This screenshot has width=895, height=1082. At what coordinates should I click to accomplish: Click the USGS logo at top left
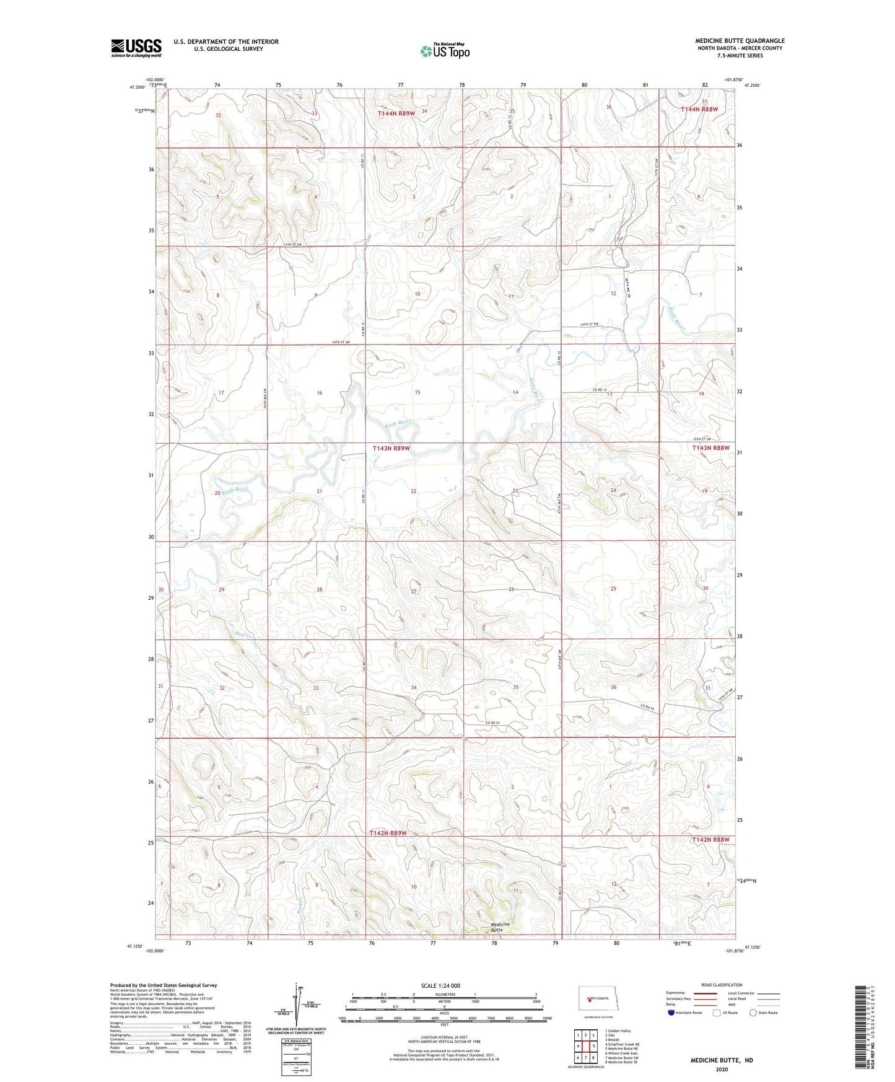136,48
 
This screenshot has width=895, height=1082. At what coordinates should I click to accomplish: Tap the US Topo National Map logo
445,51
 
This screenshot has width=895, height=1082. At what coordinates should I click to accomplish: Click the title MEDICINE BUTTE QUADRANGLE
739,40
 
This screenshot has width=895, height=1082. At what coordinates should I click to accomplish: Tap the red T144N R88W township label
699,109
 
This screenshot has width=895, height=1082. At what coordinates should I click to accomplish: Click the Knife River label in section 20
235,490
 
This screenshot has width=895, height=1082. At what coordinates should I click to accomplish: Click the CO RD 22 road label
492,723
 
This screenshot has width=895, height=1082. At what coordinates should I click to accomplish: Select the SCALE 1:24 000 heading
440,985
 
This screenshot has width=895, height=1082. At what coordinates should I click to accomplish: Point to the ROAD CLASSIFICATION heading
722,985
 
